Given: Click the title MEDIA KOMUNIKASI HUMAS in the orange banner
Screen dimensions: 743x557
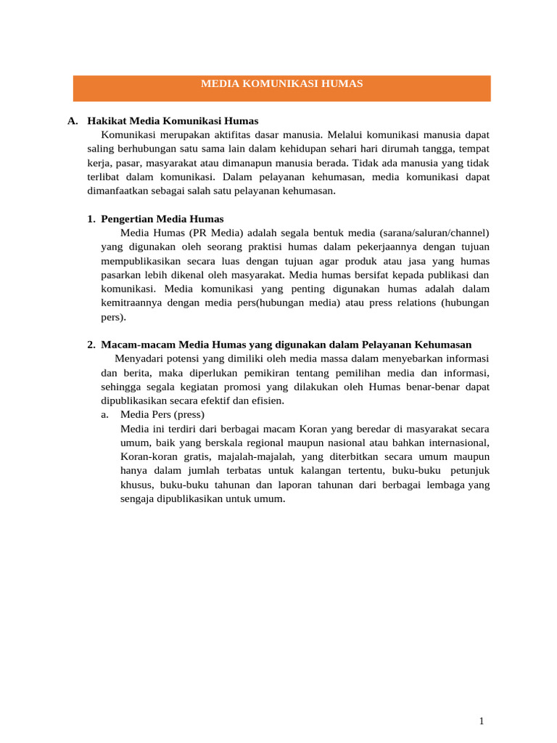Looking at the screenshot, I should pyautogui.click(x=281, y=84).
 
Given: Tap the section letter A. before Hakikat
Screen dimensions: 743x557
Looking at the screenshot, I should pyautogui.click(x=73, y=121).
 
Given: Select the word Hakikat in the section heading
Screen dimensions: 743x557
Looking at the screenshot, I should pyautogui.click(x=107, y=121).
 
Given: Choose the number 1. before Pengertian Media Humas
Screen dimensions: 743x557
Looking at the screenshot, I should pyautogui.click(x=91, y=219).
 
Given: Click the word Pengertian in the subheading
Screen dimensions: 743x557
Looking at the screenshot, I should pyautogui.click(x=127, y=219).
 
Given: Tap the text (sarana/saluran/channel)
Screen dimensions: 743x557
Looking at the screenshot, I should pyautogui.click(x=434, y=233).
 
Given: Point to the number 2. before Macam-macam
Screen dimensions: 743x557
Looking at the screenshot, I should pyautogui.click(x=91, y=345).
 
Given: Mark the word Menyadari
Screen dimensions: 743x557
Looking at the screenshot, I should pyautogui.click(x=139, y=359).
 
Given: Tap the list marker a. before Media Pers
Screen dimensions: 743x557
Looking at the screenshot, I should pyautogui.click(x=105, y=415).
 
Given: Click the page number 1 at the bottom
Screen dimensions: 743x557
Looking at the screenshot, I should pyautogui.click(x=482, y=721).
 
